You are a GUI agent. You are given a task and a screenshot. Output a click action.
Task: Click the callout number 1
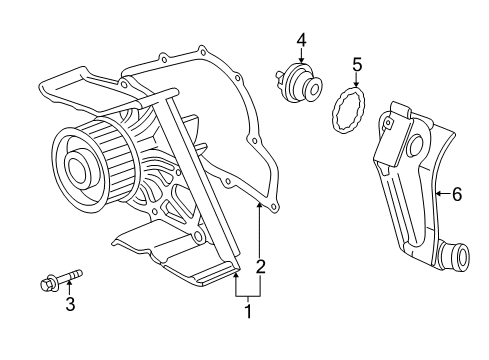point(248,311)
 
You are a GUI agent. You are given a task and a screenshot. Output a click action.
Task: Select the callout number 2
point(260,266)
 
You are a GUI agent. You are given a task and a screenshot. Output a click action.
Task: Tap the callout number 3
point(70,304)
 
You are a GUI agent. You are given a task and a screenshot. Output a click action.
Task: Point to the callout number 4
point(301,40)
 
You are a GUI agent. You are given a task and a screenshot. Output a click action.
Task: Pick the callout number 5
point(357,65)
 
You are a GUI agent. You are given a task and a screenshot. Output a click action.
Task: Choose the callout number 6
point(457,194)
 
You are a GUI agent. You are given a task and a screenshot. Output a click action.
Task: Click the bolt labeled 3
point(61,279)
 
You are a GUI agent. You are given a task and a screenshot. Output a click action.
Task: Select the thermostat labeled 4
point(299,82)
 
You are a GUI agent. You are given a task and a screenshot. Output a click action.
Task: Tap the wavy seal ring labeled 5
point(349,110)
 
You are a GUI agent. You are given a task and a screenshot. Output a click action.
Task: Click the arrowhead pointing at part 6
point(439,194)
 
